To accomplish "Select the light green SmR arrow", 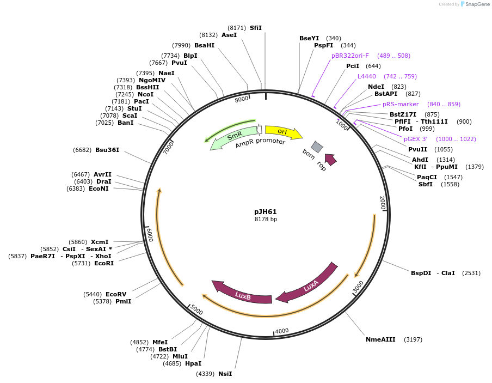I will [x=234, y=136].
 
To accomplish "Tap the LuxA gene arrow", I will [x=310, y=285].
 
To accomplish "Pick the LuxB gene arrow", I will [x=243, y=295].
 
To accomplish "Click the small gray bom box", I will [x=317, y=147].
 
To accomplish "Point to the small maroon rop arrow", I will [x=330, y=159].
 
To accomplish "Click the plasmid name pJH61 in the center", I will [x=266, y=211].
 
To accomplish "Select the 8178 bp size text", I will [x=266, y=220].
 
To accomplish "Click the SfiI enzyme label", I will [x=255, y=27].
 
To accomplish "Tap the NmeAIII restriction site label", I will [x=380, y=339].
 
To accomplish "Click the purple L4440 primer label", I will [x=366, y=76].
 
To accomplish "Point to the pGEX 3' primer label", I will [x=415, y=139].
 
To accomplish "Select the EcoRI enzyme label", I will [x=104, y=263].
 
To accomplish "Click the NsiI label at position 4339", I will [x=225, y=374].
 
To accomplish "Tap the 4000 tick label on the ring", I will [x=282, y=331].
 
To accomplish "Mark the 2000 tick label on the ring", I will [x=382, y=203].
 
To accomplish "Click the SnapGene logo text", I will [x=477, y=4].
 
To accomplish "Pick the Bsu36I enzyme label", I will [x=107, y=150].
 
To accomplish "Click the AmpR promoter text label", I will [x=260, y=143].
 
